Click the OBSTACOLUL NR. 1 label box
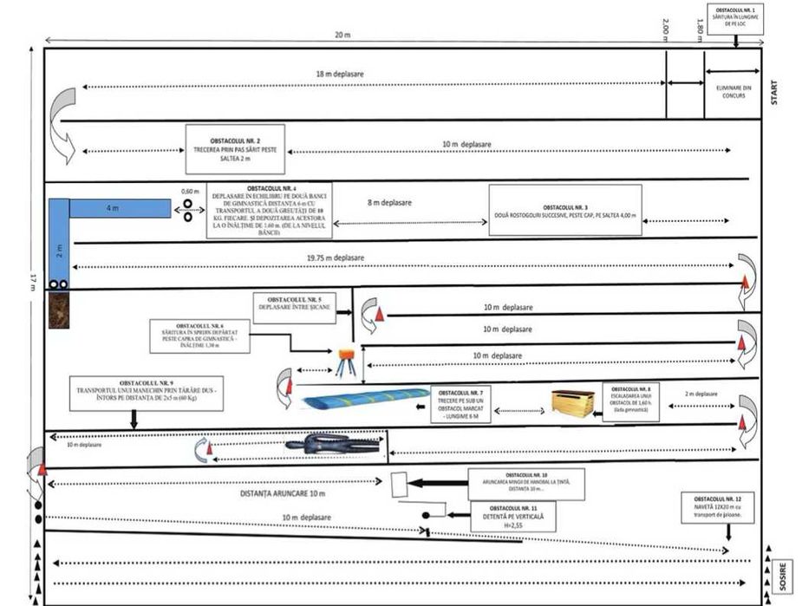point(735,17)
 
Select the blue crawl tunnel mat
point(367,400)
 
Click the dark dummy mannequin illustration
point(333,446)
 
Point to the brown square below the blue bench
point(58,310)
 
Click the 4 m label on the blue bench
point(113,209)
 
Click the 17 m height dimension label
point(32,279)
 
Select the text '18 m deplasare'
point(340,75)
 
